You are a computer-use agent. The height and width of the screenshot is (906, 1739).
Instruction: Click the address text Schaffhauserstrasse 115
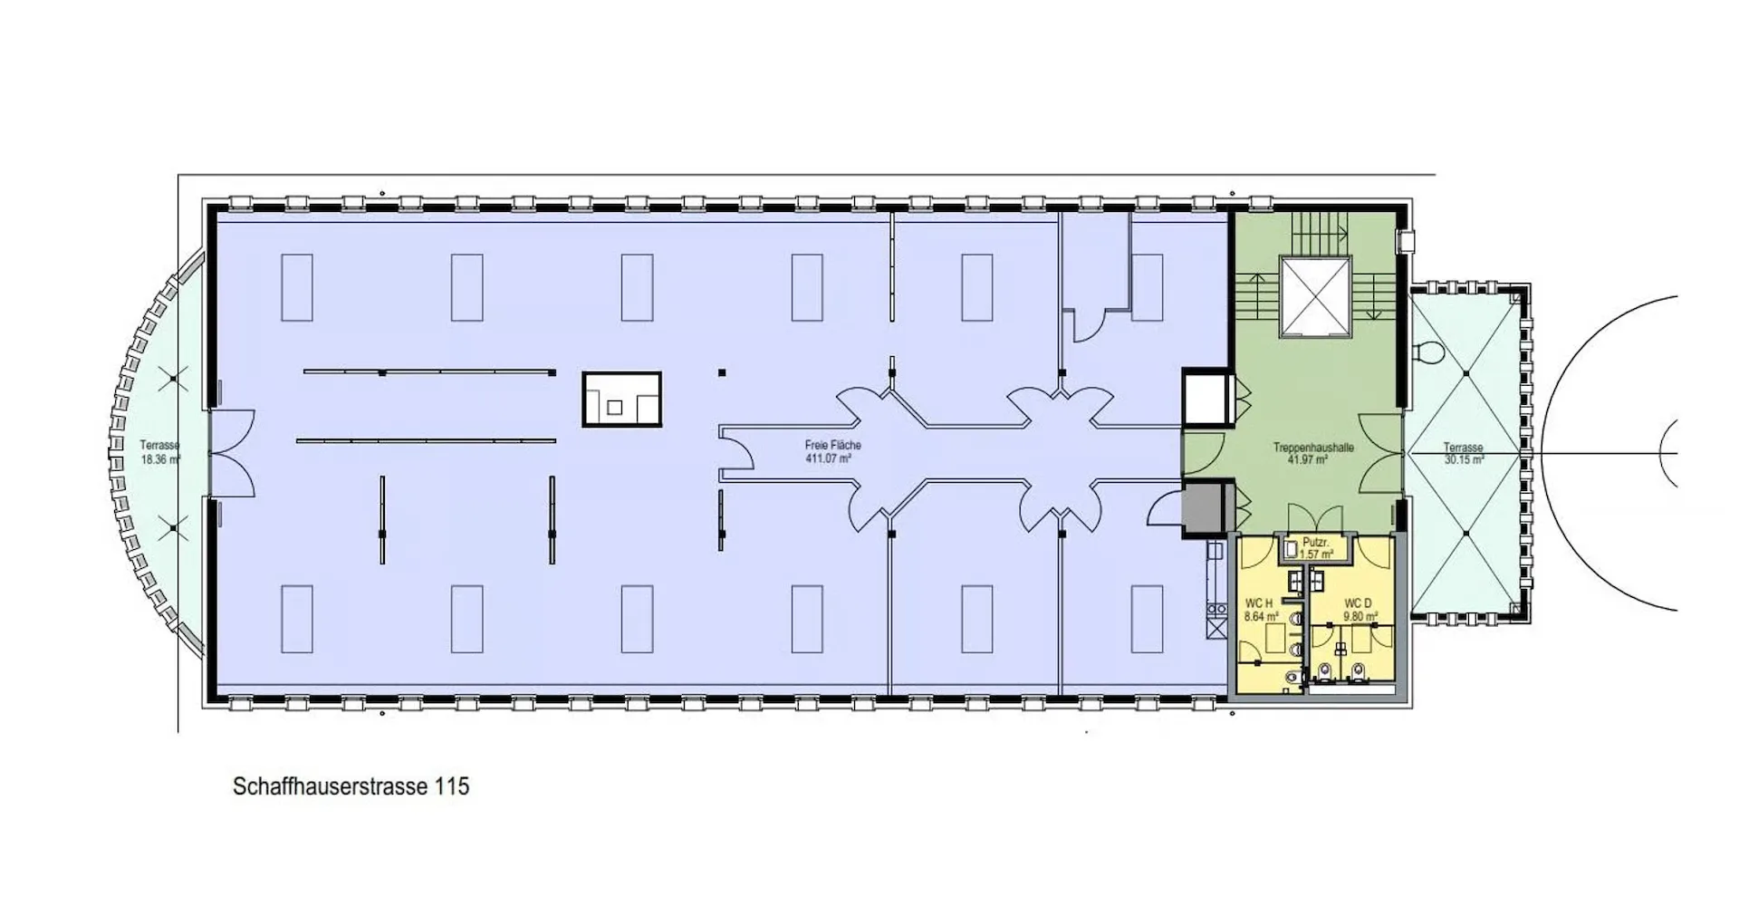pyautogui.click(x=351, y=786)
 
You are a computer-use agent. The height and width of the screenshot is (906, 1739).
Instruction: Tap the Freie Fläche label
pyautogui.click(x=832, y=445)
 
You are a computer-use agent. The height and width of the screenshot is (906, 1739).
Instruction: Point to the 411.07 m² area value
pyautogui.click(x=829, y=458)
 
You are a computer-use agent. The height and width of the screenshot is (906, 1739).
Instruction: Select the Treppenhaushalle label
pyautogui.click(x=1312, y=448)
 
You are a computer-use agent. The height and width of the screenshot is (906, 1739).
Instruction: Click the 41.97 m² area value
pyautogui.click(x=1308, y=460)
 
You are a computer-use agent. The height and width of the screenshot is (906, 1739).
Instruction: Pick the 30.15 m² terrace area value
pyautogui.click(x=1464, y=460)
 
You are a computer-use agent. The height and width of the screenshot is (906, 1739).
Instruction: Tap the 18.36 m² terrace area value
pyautogui.click(x=160, y=459)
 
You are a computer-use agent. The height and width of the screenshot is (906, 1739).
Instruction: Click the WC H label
pyautogui.click(x=1259, y=603)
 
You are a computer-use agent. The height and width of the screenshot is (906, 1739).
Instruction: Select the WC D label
pyautogui.click(x=1358, y=603)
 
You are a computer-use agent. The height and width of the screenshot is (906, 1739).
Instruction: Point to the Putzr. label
pyautogui.click(x=1315, y=542)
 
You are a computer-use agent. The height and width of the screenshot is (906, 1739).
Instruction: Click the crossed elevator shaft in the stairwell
pyautogui.click(x=1314, y=296)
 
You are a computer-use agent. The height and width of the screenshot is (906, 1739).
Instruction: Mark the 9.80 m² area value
pyautogui.click(x=1360, y=616)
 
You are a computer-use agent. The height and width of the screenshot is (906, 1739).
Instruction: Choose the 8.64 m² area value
pyautogui.click(x=1262, y=616)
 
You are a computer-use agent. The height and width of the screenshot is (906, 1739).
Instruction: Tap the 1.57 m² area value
pyautogui.click(x=1316, y=554)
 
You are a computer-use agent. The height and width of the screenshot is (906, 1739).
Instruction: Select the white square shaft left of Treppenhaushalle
pyautogui.click(x=1206, y=398)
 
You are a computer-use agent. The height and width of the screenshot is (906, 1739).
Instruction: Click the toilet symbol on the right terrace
pyautogui.click(x=1430, y=352)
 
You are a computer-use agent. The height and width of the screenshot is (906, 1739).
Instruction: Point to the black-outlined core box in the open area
pyautogui.click(x=621, y=400)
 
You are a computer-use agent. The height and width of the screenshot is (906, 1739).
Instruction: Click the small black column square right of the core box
pyautogui.click(x=722, y=372)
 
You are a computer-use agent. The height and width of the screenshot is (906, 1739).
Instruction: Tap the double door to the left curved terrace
pyautogui.click(x=231, y=453)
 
